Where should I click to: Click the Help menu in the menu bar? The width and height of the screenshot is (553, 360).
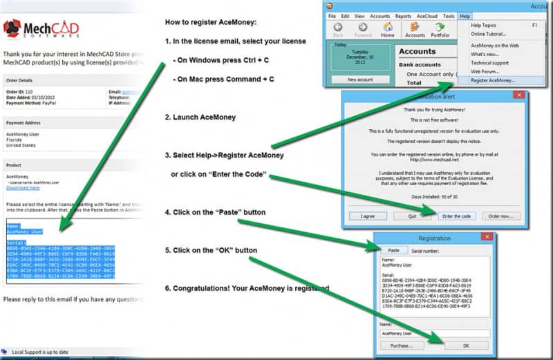click(x=465, y=15)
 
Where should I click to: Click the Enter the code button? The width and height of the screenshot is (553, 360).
click(x=456, y=216)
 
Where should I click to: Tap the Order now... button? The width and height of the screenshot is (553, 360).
click(x=504, y=216)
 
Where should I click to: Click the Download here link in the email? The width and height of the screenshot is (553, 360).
click(x=23, y=188)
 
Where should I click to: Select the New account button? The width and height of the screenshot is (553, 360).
click(x=359, y=79)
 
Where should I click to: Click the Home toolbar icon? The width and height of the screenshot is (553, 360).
click(x=388, y=30)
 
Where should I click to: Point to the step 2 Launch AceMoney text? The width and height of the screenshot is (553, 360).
click(x=200, y=118)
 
